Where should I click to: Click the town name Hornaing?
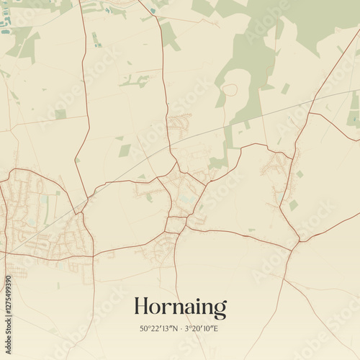point(180,307)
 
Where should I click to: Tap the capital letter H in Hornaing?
point(142,307)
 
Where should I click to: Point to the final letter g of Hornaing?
point(220,310)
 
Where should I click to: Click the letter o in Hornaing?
point(156,309)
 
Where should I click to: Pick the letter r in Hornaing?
point(166,309)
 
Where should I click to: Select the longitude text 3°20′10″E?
point(202,329)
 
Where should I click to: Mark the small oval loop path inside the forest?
point(229,90)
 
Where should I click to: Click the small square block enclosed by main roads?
point(175,225)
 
